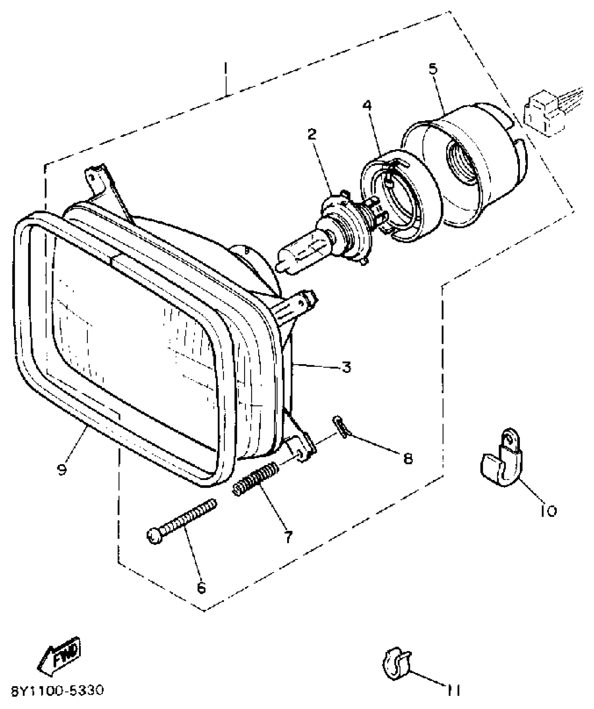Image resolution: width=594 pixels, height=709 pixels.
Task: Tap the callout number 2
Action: [x=312, y=134]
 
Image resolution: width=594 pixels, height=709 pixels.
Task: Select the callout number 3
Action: [x=346, y=367]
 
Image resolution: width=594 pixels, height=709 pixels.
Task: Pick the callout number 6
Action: [x=202, y=588]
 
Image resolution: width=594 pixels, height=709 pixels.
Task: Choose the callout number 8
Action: [x=408, y=458]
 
